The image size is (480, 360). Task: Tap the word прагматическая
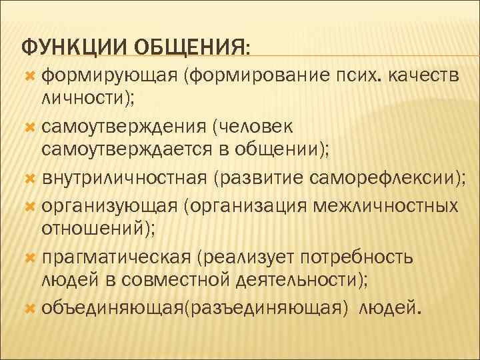coord(118,257)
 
